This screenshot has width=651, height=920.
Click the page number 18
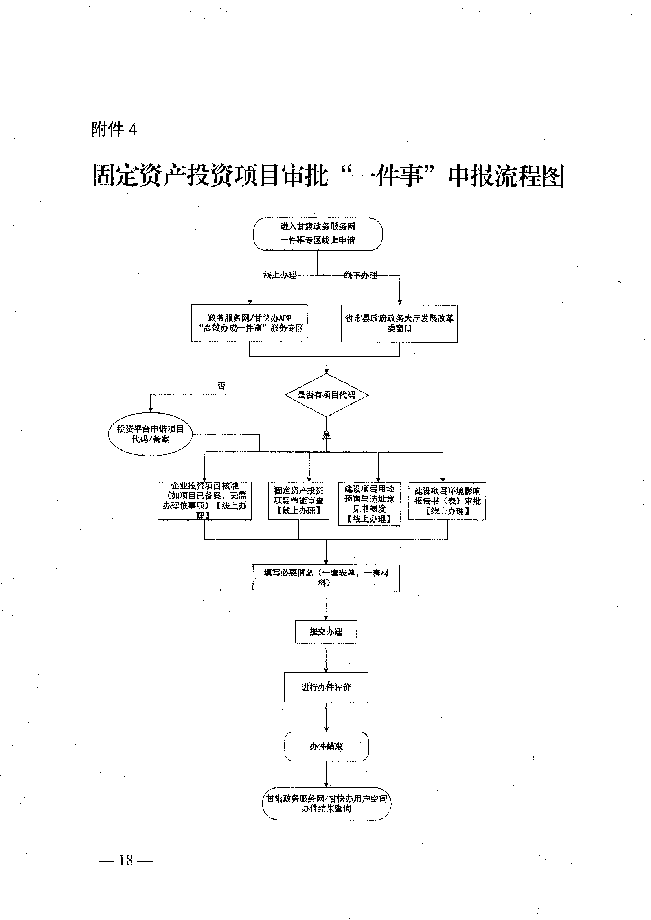click(x=125, y=860)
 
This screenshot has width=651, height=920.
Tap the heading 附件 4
click(x=114, y=129)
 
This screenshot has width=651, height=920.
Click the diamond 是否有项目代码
click(x=326, y=395)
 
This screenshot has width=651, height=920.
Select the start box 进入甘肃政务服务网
click(x=318, y=233)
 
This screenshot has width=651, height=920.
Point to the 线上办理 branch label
click(x=280, y=275)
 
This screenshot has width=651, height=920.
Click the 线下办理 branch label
click(x=361, y=275)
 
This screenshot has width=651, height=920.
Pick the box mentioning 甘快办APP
click(x=249, y=323)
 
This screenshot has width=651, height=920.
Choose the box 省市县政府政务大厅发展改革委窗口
click(x=399, y=323)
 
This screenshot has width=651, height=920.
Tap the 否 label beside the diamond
click(x=222, y=386)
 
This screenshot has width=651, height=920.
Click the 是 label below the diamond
click(x=326, y=436)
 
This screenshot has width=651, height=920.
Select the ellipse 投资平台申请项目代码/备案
click(x=150, y=434)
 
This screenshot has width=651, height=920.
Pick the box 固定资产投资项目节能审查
click(x=299, y=501)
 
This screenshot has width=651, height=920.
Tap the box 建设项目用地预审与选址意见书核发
click(x=369, y=504)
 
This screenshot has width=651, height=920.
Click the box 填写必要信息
click(x=326, y=578)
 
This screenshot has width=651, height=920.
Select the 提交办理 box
click(x=326, y=632)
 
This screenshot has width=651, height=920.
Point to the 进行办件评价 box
click(x=326, y=687)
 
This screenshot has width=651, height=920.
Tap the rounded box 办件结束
click(x=326, y=746)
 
